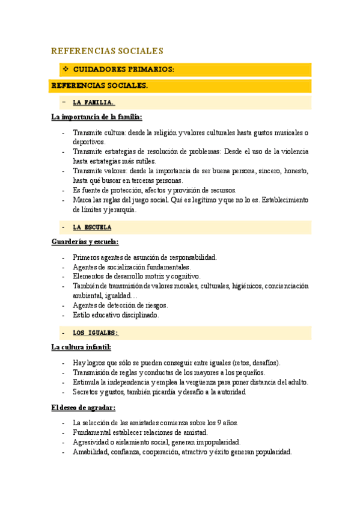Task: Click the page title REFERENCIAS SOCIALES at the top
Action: [108, 51]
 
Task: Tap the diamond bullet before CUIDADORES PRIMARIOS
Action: [66, 69]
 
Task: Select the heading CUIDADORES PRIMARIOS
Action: [123, 69]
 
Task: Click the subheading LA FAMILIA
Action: [93, 102]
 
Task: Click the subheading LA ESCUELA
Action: [92, 227]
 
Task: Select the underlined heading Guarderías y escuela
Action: [85, 242]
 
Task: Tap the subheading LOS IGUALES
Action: [95, 333]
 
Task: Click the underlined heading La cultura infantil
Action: [81, 347]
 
